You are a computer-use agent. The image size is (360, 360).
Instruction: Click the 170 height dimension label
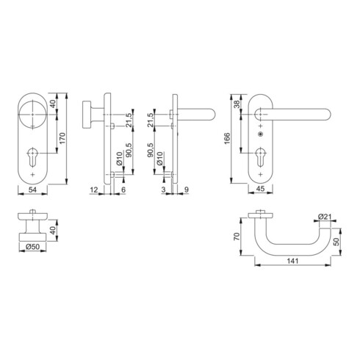(x=62, y=138)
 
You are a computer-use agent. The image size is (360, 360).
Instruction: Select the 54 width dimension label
(x=32, y=190)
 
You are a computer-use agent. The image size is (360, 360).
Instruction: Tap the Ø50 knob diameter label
(x=32, y=247)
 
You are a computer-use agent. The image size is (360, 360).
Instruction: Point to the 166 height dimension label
(x=227, y=138)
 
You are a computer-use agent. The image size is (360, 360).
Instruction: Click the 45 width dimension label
(x=260, y=189)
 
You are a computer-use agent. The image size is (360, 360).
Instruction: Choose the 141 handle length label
(x=293, y=261)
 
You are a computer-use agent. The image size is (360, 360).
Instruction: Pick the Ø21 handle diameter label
(x=325, y=217)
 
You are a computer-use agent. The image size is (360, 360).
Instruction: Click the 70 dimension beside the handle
(x=237, y=237)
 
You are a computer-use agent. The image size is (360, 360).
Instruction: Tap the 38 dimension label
(x=237, y=104)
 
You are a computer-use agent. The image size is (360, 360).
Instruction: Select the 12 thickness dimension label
(x=94, y=190)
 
